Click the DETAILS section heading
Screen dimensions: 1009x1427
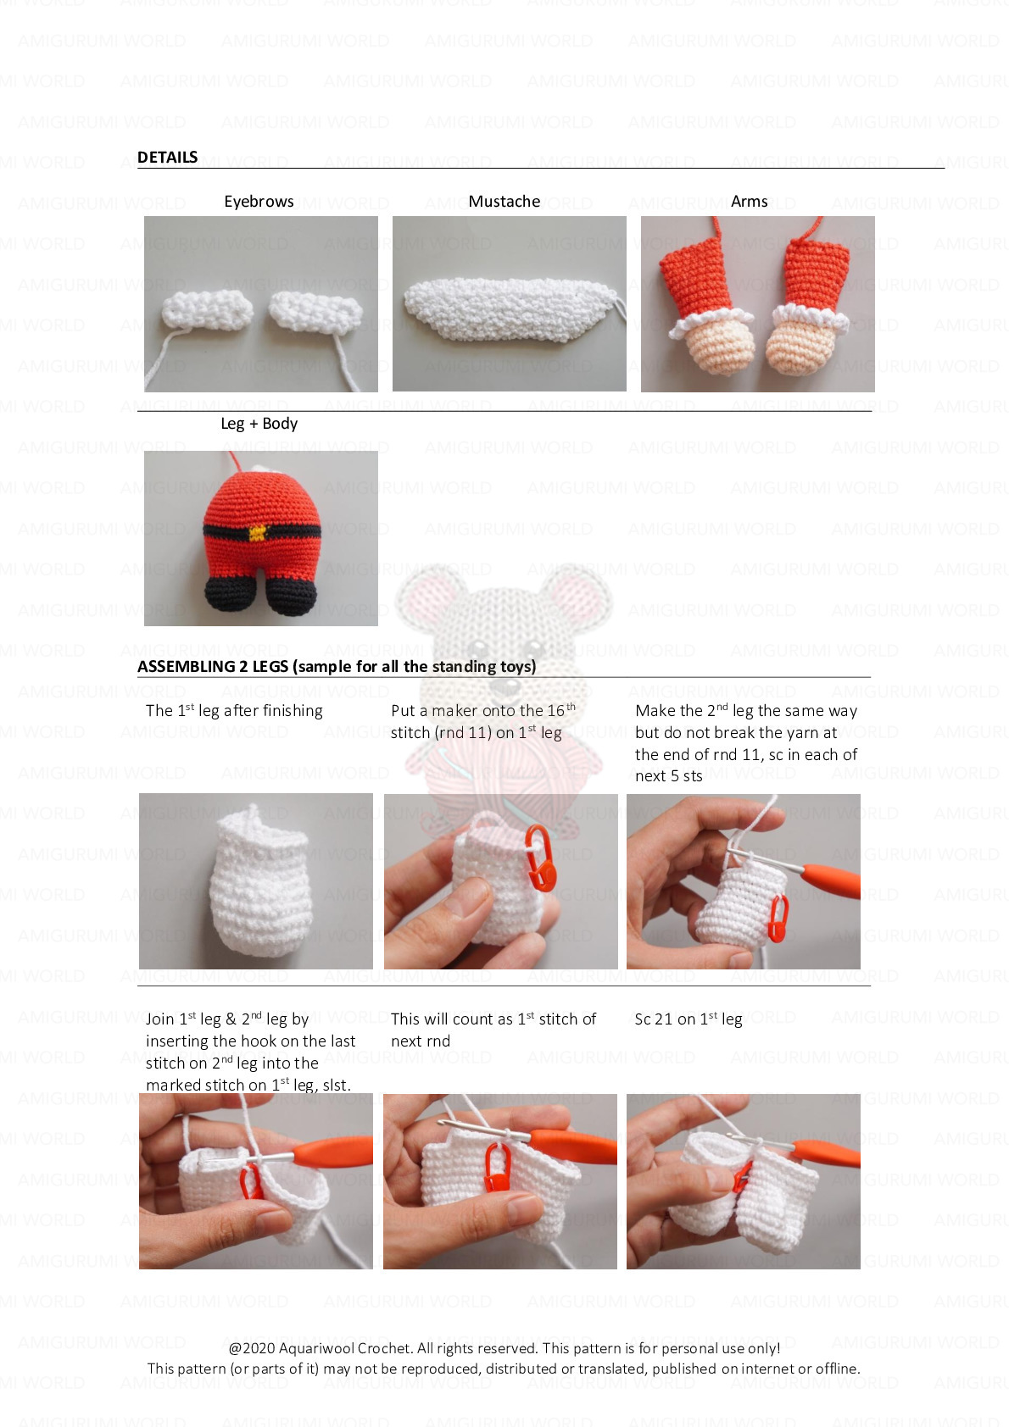167,157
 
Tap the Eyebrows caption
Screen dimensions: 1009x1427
259,202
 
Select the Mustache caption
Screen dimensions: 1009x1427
504,202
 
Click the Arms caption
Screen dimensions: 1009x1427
749,202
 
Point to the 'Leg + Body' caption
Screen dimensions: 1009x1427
259,424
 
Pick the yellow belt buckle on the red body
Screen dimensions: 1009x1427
259,531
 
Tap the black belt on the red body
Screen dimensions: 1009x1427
261,531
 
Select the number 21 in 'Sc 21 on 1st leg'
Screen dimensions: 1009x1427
664,1019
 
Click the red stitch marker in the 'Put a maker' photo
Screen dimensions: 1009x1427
540,858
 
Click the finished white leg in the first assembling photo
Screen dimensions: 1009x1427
260,882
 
